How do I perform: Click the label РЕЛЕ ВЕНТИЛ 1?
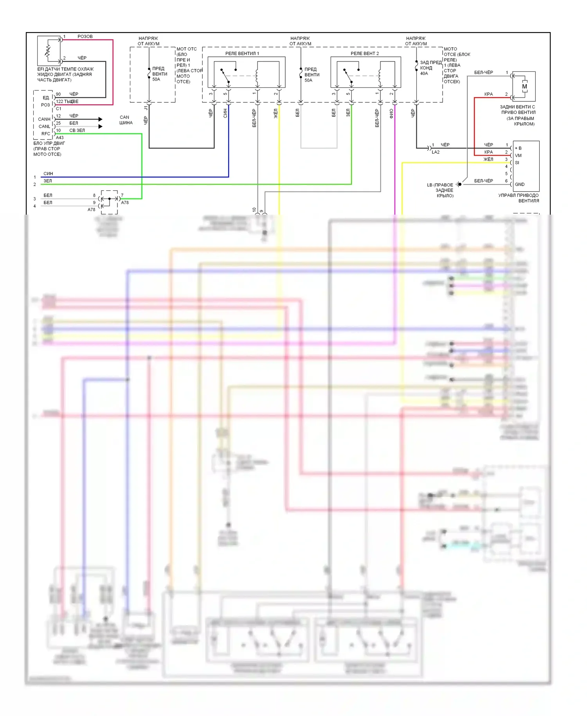[x=242, y=53]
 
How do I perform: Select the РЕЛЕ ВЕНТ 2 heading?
[x=364, y=53]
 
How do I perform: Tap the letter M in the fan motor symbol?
[x=524, y=87]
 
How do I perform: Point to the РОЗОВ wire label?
[x=85, y=36]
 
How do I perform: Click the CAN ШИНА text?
[x=125, y=120]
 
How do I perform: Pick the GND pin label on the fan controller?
[x=520, y=184]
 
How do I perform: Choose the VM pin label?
[x=518, y=155]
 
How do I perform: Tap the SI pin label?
[x=517, y=163]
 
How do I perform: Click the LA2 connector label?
[x=435, y=152]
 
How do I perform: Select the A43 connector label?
[x=59, y=137]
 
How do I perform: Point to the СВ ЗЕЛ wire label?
[x=77, y=130]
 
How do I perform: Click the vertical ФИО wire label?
[x=391, y=114]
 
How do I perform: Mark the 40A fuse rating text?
[x=424, y=73]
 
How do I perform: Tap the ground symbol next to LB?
[x=459, y=184]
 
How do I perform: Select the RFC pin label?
[x=46, y=134]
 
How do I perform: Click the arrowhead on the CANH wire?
[x=100, y=119]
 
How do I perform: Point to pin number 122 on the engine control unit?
[x=59, y=101]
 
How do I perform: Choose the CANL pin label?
[x=44, y=127]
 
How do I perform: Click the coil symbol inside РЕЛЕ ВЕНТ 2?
[x=379, y=76]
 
